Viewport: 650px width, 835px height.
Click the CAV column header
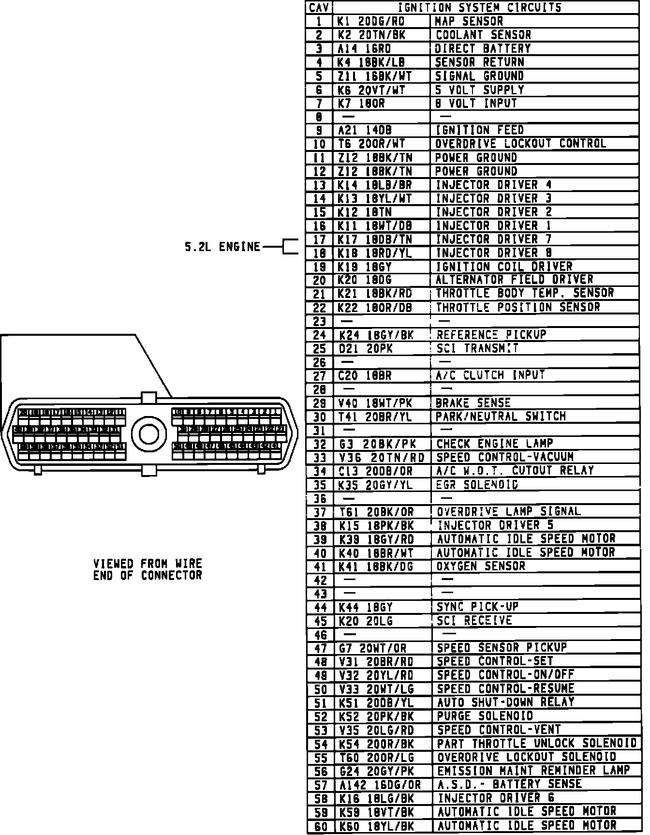[320, 8]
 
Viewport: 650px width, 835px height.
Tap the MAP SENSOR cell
[469, 21]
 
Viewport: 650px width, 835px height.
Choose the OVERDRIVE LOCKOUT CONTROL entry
[520, 144]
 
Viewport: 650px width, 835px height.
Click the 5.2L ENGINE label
[222, 247]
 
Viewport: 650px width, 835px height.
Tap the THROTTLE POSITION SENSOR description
[518, 307]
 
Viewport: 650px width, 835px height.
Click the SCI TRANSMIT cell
[477, 348]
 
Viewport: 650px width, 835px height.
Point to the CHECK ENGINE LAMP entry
[495, 444]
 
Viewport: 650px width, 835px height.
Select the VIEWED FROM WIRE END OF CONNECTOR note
[148, 569]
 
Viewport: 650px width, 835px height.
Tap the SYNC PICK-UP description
[474, 607]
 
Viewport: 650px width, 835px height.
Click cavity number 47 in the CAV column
[320, 648]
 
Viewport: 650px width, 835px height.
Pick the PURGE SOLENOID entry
[485, 716]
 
